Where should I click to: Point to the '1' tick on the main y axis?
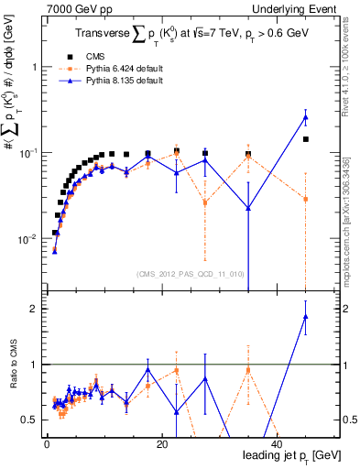(32, 67)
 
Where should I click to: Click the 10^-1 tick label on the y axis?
(27, 152)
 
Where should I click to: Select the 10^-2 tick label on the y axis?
(27, 238)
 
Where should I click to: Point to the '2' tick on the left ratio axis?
(33, 309)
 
